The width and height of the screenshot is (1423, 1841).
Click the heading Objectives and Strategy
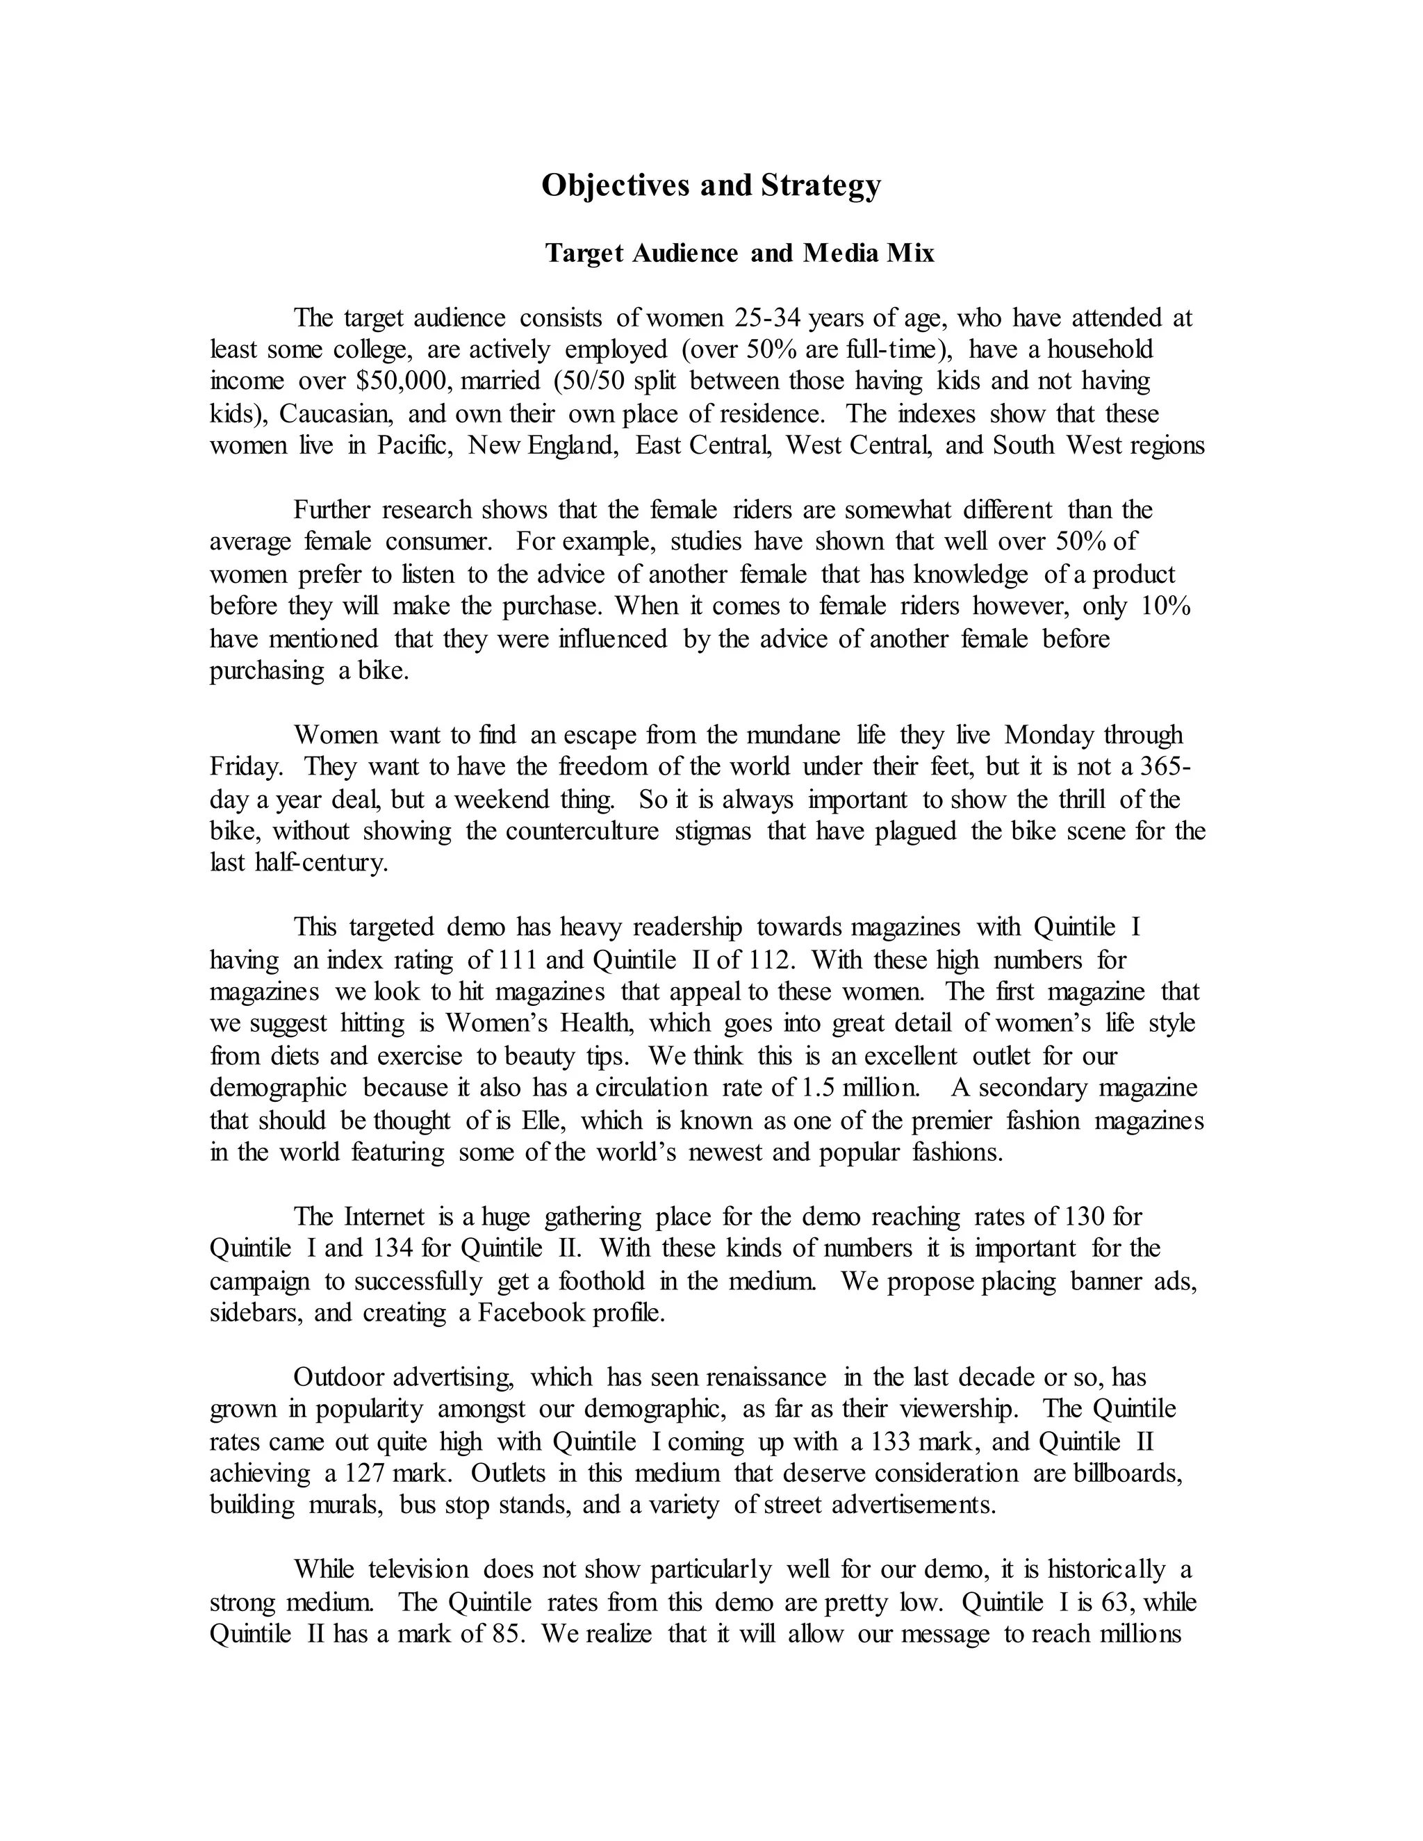coord(711,185)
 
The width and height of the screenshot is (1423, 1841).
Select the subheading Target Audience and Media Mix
coord(739,253)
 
